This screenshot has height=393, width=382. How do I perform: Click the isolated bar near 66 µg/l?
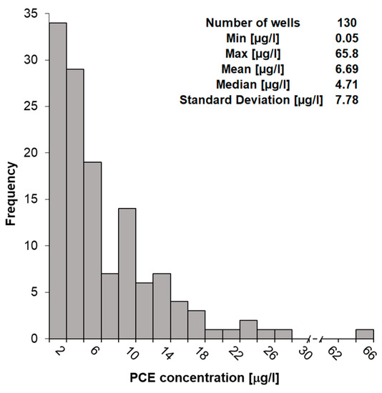click(x=364, y=334)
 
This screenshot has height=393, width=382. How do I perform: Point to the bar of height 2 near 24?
click(x=248, y=329)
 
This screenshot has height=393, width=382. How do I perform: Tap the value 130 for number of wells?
click(x=346, y=23)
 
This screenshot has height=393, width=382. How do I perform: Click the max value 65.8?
click(x=346, y=54)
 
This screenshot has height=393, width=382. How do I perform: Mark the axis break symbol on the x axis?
click(x=315, y=339)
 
